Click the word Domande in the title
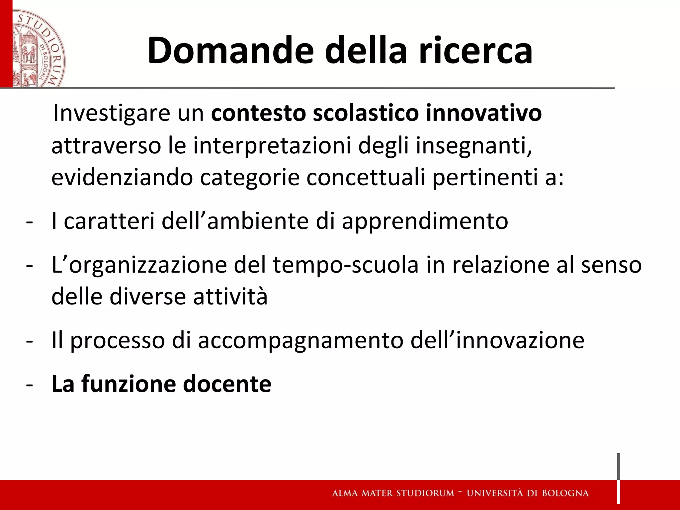pyautogui.click(x=230, y=50)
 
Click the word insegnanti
pyautogui.click(x=473, y=146)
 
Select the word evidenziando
pyautogui.click(x=122, y=178)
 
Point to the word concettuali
pyautogui.click(x=366, y=178)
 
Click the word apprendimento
pyautogui.click(x=425, y=221)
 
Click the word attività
pyautogui.click(x=230, y=297)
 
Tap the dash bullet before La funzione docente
pyautogui.click(x=29, y=385)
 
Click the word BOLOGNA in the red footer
pyautogui.click(x=565, y=493)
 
